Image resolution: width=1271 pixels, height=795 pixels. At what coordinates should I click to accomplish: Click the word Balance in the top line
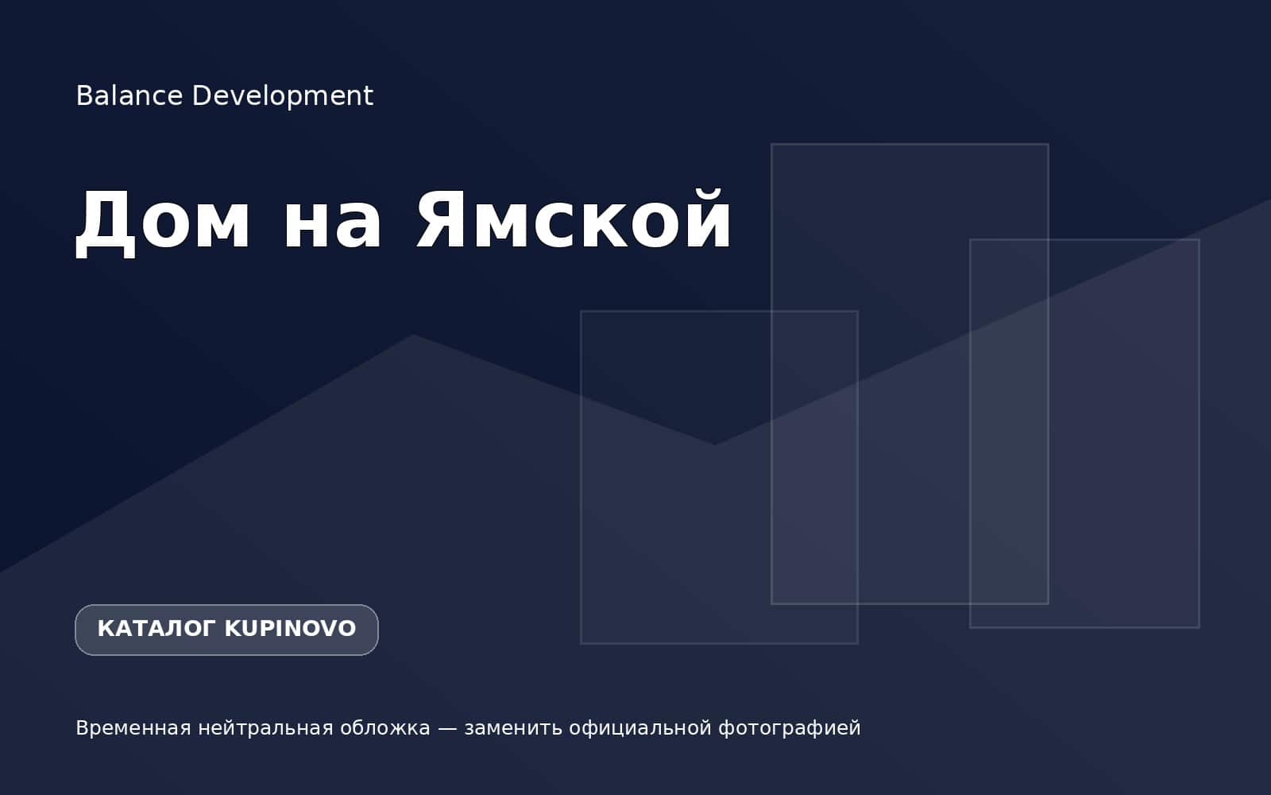(129, 95)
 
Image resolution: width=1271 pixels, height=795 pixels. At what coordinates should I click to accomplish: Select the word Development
(283, 96)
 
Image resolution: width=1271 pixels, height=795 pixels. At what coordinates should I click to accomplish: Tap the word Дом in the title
(163, 222)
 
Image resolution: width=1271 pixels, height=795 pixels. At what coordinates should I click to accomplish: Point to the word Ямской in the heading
(574, 219)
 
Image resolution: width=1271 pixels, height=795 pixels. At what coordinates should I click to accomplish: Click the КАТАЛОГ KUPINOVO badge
(226, 630)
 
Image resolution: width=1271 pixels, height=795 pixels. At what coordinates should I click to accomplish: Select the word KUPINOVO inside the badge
(291, 629)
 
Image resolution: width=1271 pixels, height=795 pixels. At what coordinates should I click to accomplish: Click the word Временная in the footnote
(133, 728)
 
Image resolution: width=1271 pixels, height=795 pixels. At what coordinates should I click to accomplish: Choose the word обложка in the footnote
(385, 728)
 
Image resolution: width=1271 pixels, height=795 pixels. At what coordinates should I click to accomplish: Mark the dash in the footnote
(447, 728)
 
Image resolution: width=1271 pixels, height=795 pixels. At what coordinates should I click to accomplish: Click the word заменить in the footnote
(513, 728)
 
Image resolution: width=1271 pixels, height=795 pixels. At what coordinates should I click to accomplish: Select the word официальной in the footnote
(640, 728)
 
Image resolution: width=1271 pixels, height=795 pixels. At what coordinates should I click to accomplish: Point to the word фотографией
(790, 729)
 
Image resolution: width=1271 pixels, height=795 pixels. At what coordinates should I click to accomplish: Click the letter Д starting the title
(106, 223)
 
